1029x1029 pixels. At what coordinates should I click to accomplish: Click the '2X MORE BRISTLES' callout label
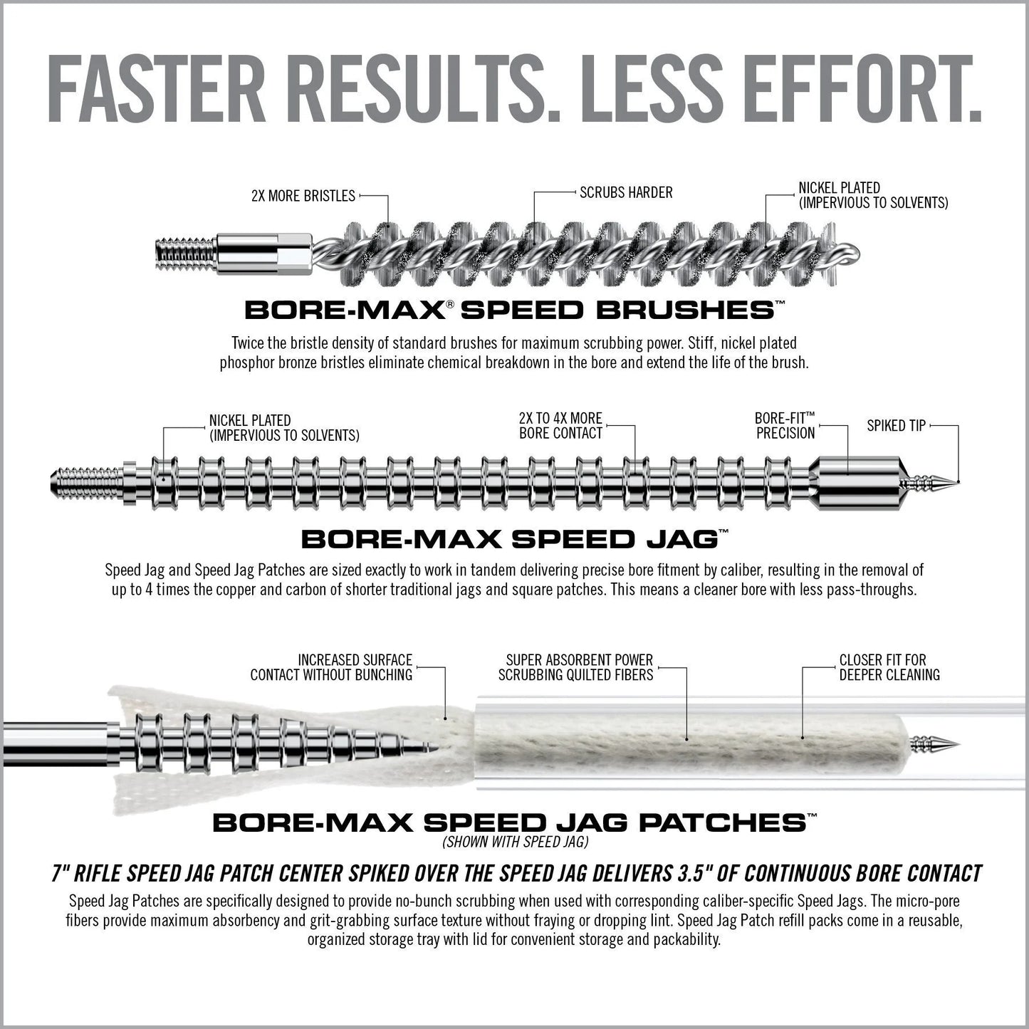coord(303,196)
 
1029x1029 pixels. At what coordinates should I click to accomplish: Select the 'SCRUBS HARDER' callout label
coord(626,192)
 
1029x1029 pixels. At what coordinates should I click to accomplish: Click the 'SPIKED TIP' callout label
coord(896,426)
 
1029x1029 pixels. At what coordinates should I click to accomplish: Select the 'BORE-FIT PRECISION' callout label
coord(785,425)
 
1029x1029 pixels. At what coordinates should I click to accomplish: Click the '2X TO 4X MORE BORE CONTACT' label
coord(560,425)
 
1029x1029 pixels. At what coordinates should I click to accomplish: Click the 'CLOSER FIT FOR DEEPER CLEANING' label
coord(889,667)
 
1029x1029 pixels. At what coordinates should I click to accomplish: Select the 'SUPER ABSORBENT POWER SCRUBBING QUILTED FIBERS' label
coord(575,667)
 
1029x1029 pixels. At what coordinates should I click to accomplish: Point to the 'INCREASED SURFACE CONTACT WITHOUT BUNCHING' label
coord(331,667)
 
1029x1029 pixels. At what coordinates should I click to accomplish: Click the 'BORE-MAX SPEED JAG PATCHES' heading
coord(509,823)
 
